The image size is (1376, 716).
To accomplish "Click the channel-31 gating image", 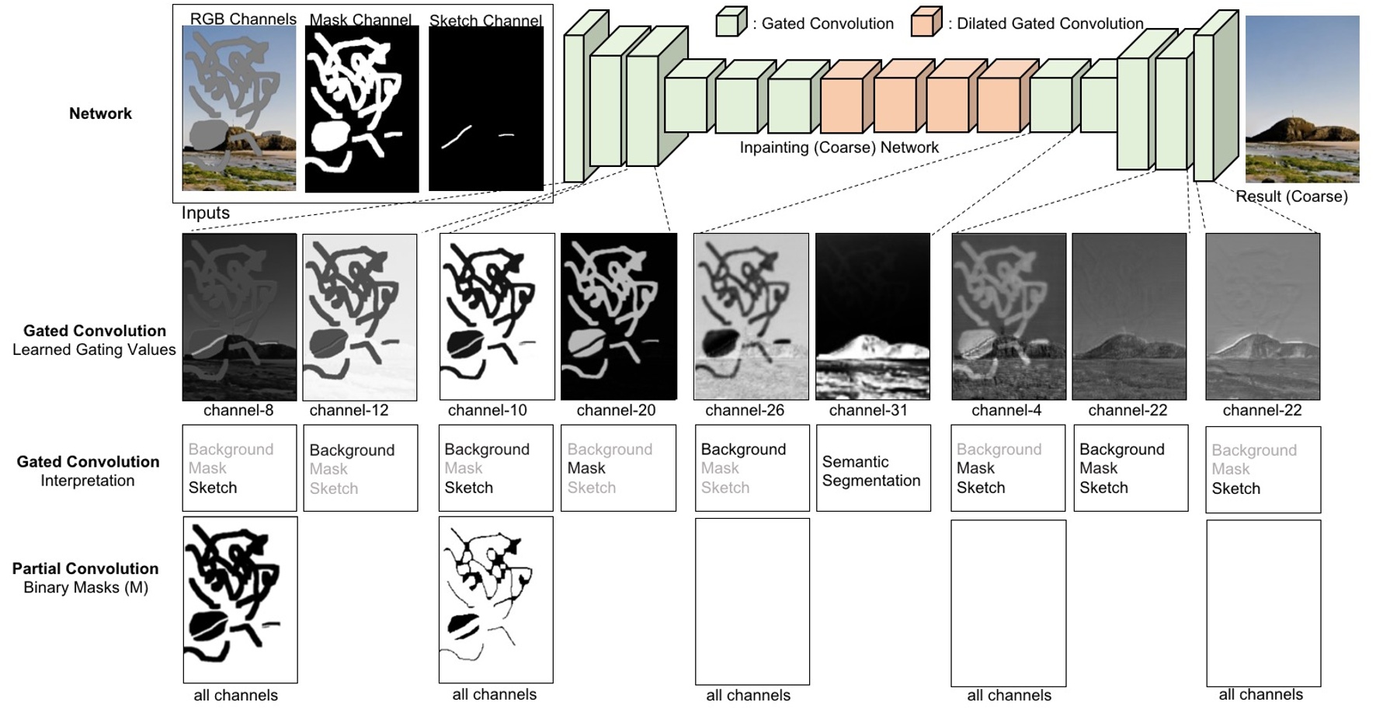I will tap(872, 316).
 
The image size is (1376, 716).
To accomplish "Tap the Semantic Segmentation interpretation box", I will tap(873, 467).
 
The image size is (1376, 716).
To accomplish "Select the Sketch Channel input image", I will tap(486, 109).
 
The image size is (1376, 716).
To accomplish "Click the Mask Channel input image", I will tap(362, 109).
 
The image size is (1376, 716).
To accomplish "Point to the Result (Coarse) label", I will tap(1291, 196).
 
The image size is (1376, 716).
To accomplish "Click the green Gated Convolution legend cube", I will tap(730, 23).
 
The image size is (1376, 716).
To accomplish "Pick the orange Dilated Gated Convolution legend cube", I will tap(926, 23).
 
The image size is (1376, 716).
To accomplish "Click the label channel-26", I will tap(745, 410).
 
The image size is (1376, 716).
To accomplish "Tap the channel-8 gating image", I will tap(239, 316).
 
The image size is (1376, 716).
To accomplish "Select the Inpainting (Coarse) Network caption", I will tap(839, 148).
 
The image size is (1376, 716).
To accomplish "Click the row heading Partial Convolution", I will tap(85, 568).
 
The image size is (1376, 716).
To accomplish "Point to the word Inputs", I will tap(206, 213).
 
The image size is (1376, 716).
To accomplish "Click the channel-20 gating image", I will tap(619, 316).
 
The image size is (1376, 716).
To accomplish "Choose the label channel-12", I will tap(349, 410).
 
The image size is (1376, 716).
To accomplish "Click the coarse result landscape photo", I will tap(1302, 99).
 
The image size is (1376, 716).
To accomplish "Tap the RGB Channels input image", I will tap(239, 109).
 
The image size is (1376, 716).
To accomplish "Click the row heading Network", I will tap(100, 113).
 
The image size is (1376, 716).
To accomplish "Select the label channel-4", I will tap(1006, 410).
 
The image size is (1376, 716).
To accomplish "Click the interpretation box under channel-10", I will tap(495, 467).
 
